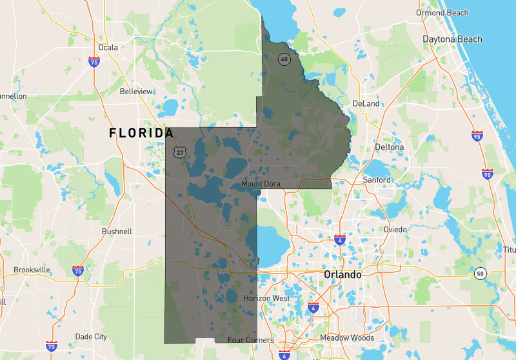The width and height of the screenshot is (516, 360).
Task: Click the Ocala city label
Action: tap(108, 47)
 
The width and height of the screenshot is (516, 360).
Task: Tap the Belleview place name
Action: tap(136, 92)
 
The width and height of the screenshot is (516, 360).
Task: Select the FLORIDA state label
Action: tap(141, 133)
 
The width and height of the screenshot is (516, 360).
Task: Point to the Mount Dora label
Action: tap(261, 184)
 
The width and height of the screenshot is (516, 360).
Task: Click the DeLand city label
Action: tap(366, 103)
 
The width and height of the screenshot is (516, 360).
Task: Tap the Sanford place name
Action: tap(377, 180)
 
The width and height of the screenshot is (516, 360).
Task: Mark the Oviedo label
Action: tap(395, 230)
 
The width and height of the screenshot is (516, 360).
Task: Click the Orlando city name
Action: tap(342, 274)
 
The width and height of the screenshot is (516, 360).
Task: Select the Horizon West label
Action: tap(267, 299)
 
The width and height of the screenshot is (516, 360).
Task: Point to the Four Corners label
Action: tap(251, 340)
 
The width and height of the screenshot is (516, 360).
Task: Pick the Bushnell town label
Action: tap(117, 231)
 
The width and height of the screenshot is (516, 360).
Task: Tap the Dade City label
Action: tap(91, 337)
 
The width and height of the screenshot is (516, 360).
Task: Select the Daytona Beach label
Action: tap(452, 39)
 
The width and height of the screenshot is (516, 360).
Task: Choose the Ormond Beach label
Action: tap(442, 13)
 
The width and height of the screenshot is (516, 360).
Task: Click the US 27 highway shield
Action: tap(179, 152)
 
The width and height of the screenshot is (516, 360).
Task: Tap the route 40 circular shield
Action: tap(283, 59)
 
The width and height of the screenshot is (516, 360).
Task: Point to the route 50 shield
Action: tap(479, 274)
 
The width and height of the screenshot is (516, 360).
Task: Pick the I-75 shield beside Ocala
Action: tap(94, 63)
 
